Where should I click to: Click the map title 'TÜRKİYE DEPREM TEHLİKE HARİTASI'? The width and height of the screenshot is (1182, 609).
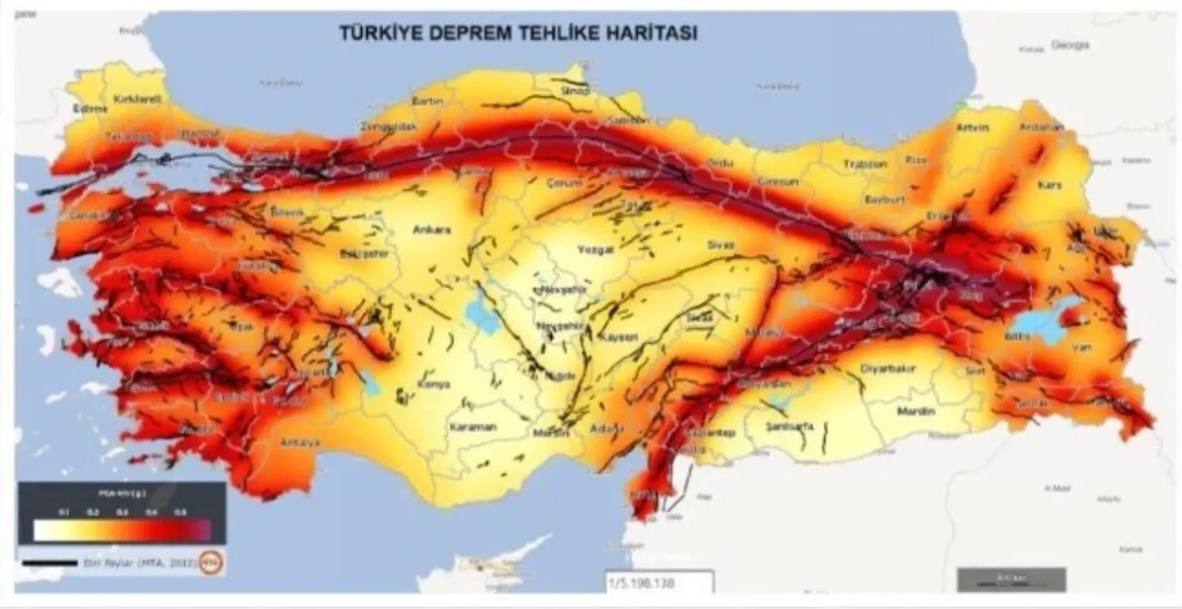[517, 32]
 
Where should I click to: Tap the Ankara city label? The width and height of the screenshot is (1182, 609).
[431, 230]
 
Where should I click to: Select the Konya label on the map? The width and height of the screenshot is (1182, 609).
[433, 384]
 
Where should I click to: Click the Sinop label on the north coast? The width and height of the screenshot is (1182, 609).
[574, 91]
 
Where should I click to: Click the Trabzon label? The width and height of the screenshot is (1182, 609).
[865, 164]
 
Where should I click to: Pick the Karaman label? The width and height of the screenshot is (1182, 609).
[473, 427]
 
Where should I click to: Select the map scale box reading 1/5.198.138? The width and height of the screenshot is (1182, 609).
[659, 582]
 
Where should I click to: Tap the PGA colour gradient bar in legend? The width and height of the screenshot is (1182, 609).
[122, 529]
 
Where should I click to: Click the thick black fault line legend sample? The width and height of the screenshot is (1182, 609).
[50, 563]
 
